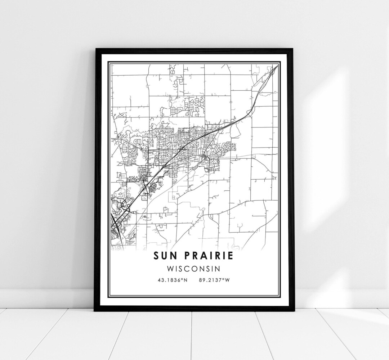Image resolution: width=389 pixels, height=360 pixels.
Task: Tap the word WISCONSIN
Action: (x=194, y=269)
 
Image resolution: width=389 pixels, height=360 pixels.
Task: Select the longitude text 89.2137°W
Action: (x=214, y=279)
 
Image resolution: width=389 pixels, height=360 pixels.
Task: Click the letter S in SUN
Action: (x=156, y=256)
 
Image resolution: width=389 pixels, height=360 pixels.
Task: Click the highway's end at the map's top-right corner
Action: (x=277, y=66)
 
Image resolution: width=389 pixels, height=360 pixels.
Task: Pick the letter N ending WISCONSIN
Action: (x=218, y=269)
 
